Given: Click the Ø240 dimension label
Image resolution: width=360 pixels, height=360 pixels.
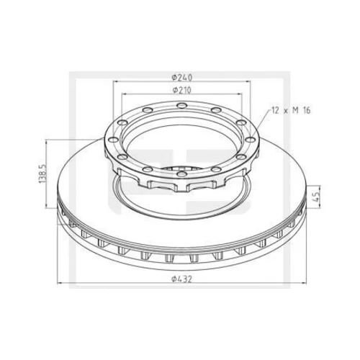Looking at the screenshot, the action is pos(182,77).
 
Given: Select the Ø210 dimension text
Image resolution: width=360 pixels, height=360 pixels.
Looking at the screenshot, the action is pos(182,90).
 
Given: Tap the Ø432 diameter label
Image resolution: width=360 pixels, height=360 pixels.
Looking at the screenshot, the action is pos(181,279).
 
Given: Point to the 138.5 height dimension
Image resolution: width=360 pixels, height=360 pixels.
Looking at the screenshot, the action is pos(42,174).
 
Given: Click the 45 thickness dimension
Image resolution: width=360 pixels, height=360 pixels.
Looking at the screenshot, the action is pos(317,197).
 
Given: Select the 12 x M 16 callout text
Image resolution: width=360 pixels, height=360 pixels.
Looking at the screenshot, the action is pos(291,110).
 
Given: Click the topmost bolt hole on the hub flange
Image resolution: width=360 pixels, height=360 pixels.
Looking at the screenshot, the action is pos(181,105).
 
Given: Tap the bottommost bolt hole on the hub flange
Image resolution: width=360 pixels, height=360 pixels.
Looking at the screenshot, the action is pos(181,174).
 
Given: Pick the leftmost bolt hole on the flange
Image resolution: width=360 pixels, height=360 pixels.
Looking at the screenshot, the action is pos(113,140).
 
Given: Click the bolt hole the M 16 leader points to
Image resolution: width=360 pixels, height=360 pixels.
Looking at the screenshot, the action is pos(251,140).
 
